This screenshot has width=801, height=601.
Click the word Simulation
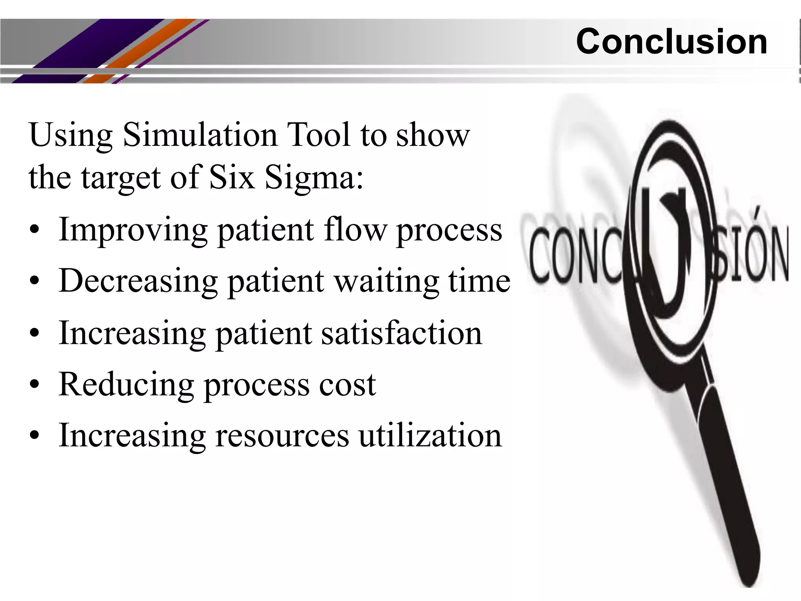199,135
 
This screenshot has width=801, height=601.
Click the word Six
232,177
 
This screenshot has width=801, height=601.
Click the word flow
355,230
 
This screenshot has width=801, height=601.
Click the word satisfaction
402,334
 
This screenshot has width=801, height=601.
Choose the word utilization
430,436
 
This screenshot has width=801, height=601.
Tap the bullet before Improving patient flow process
34,230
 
